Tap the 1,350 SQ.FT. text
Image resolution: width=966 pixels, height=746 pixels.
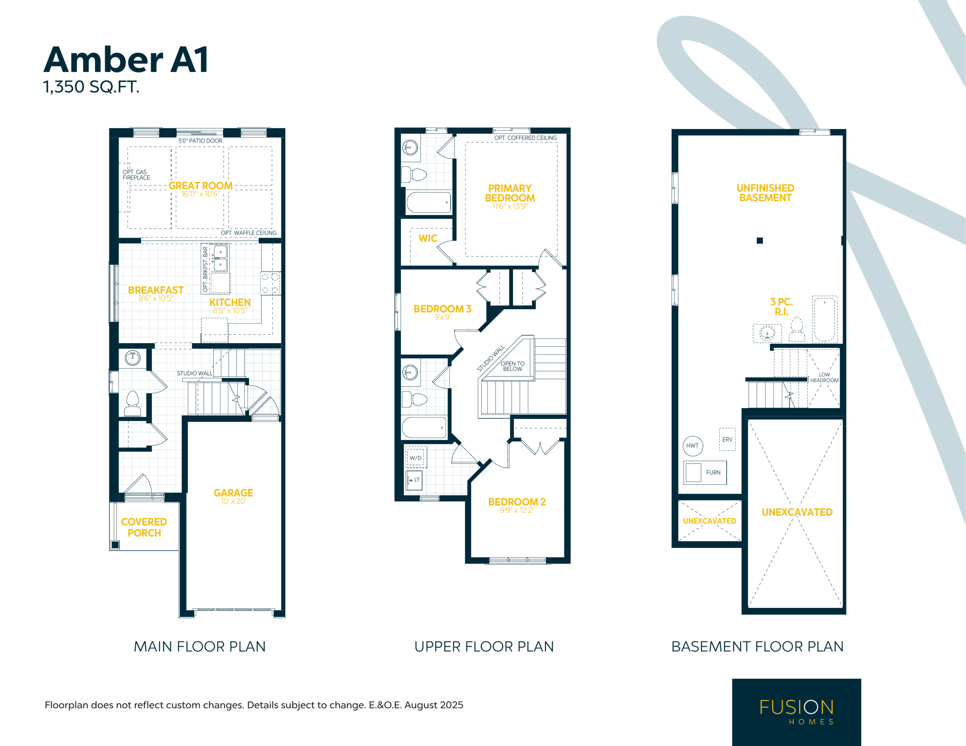click(x=91, y=87)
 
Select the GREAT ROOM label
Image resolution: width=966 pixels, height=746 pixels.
click(x=200, y=186)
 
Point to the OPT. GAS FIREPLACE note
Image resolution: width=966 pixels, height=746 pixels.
click(x=136, y=175)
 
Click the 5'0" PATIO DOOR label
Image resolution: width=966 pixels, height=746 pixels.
click(x=200, y=141)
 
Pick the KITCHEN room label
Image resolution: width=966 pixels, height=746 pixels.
click(x=230, y=302)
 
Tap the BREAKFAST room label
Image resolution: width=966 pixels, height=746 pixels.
click(x=156, y=290)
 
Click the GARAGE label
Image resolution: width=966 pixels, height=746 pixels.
click(x=234, y=493)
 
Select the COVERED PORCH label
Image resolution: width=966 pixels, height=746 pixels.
click(x=144, y=527)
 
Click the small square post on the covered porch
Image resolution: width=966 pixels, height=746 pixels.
click(x=115, y=545)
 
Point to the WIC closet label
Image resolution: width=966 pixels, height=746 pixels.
click(x=428, y=238)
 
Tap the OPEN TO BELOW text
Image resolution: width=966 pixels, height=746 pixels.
click(x=513, y=366)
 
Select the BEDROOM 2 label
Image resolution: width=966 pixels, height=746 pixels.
click(x=517, y=502)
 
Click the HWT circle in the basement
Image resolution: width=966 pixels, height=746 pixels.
click(x=693, y=445)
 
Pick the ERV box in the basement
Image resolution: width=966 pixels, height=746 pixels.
click(x=727, y=439)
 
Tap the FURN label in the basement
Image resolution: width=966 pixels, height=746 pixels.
click(x=714, y=472)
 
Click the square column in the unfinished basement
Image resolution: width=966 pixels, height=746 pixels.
click(x=760, y=241)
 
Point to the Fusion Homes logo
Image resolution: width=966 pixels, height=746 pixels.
click(x=797, y=712)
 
